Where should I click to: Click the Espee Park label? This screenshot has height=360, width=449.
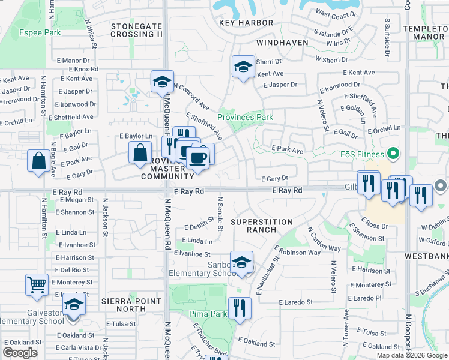[x=40, y=32]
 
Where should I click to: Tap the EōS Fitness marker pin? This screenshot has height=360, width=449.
[x=394, y=155]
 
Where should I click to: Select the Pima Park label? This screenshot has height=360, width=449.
[x=208, y=314]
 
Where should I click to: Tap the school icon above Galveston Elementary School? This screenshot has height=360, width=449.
[x=74, y=304]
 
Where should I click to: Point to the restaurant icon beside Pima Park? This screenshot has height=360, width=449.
[x=240, y=308]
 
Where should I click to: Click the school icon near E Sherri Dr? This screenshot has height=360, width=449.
[x=243, y=67]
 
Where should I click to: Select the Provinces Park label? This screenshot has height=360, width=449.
[x=245, y=117]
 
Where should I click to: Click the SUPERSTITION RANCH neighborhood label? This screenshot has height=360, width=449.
[x=262, y=226]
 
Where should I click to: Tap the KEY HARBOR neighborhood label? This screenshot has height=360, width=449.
[x=246, y=23]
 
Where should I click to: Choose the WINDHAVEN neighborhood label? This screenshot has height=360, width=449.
[x=282, y=43]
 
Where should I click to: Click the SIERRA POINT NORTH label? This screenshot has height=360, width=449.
[x=131, y=305]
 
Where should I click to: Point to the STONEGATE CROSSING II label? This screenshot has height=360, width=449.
[x=136, y=31]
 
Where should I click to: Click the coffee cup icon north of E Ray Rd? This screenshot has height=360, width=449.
[x=197, y=158]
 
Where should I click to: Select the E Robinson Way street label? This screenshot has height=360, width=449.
[x=299, y=253]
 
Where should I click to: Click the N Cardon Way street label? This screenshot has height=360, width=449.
[x=324, y=239]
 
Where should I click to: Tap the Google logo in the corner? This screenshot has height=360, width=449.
[x=20, y=353]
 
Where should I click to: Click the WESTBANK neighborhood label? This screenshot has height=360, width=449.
[x=426, y=255]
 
